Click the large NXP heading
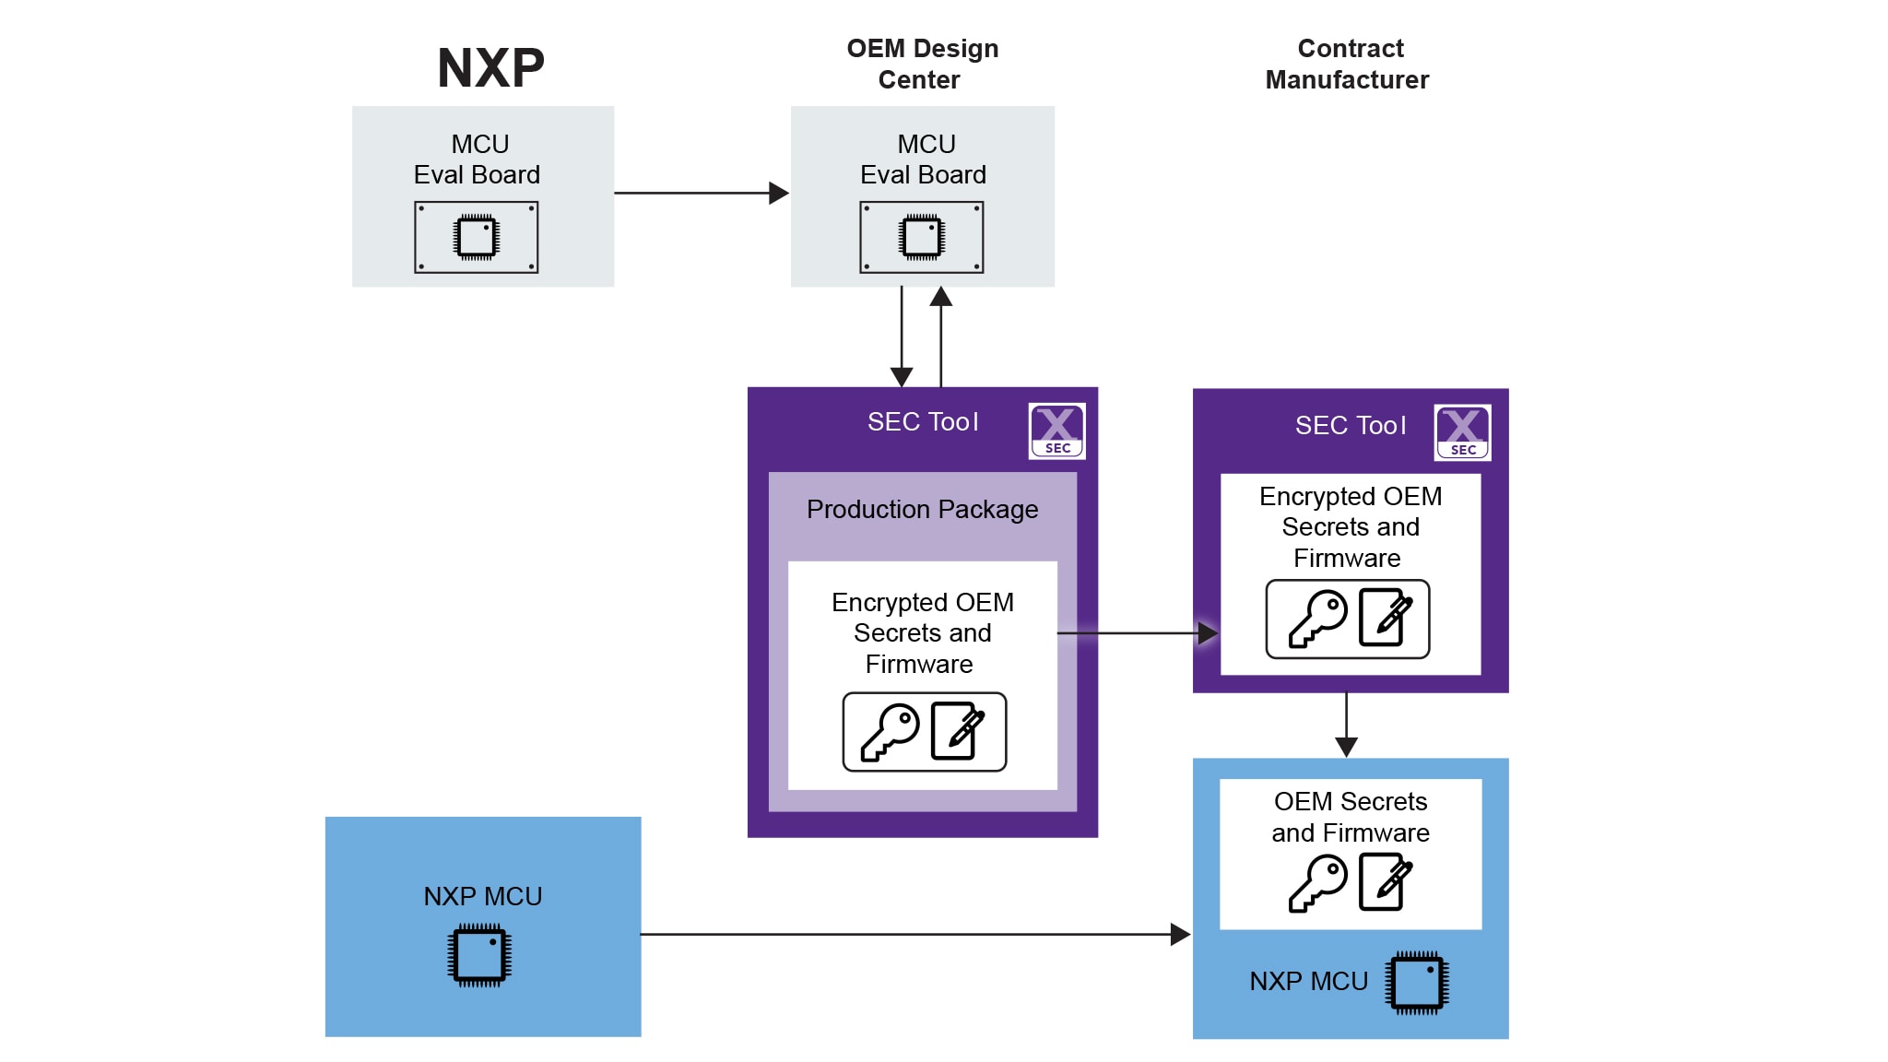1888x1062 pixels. pos(490,68)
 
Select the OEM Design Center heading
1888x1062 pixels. pos(922,64)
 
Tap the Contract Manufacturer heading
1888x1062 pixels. pos(1348,64)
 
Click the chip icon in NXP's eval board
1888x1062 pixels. pos(477,237)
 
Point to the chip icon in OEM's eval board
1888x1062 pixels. pos(922,237)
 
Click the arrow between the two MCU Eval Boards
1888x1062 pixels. pos(701,193)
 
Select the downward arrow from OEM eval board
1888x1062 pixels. pos(902,336)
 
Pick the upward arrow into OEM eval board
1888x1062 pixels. pos(940,336)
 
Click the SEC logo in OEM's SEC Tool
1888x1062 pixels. pos(1056,431)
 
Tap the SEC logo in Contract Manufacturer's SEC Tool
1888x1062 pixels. pos(1462,432)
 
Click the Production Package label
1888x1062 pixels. pos(922,509)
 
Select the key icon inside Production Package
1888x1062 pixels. pos(889,732)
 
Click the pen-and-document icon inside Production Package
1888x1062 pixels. pos(958,731)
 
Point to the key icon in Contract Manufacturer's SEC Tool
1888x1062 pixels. pos(1316,619)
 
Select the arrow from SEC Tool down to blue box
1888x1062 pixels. pos(1346,725)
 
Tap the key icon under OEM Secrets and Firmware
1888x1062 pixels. pos(1316,882)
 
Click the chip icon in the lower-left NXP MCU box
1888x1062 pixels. pos(479,955)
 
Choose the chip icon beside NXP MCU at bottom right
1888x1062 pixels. pos(1417,983)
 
